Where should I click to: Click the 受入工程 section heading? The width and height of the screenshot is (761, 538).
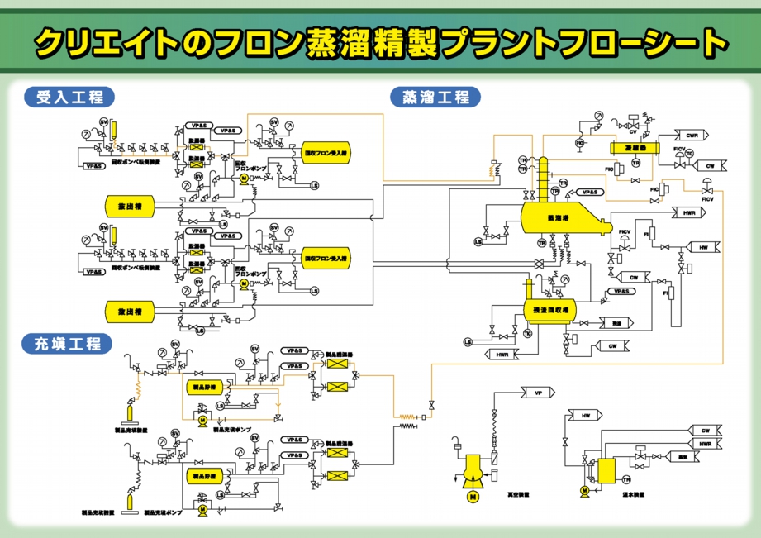69,97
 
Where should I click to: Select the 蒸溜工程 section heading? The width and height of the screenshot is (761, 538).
435,97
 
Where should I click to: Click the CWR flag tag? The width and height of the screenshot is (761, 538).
692,134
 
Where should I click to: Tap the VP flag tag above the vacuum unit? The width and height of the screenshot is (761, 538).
539,393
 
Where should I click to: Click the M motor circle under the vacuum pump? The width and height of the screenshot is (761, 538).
473,497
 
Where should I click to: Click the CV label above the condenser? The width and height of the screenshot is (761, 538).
632,131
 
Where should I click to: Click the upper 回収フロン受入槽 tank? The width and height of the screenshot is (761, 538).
326,154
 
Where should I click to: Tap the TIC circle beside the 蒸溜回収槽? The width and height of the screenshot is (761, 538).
527,333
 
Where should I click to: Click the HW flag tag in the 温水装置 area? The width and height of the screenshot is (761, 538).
586,415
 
